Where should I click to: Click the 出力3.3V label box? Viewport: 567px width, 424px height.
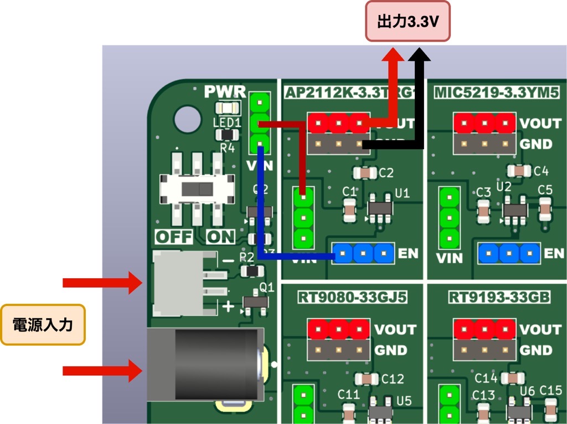408,22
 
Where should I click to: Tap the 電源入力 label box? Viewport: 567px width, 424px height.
43,324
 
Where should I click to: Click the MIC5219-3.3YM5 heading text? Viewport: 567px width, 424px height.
496,91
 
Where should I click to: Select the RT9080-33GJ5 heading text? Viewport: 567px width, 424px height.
352,298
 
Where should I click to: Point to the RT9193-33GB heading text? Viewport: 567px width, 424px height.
499,298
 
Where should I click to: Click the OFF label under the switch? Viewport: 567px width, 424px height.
173,237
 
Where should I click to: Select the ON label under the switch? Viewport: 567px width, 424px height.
220,237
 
